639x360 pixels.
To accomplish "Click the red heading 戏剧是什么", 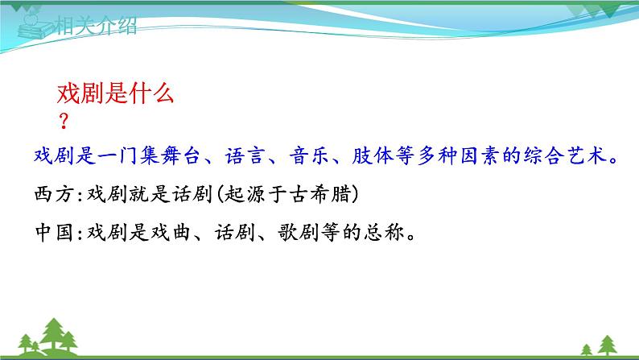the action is point(115,93).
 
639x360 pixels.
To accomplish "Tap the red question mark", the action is point(64,121).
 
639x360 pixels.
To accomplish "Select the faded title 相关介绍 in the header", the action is point(96,26).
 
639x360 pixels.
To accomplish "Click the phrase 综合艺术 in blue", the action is point(565,155).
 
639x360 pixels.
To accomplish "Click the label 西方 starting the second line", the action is point(54,193).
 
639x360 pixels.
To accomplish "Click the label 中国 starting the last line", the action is point(54,233).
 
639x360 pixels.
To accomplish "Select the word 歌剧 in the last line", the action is point(299,233).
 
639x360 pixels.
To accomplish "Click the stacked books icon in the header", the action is point(35,27).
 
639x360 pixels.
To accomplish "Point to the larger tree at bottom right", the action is point(608,345).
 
